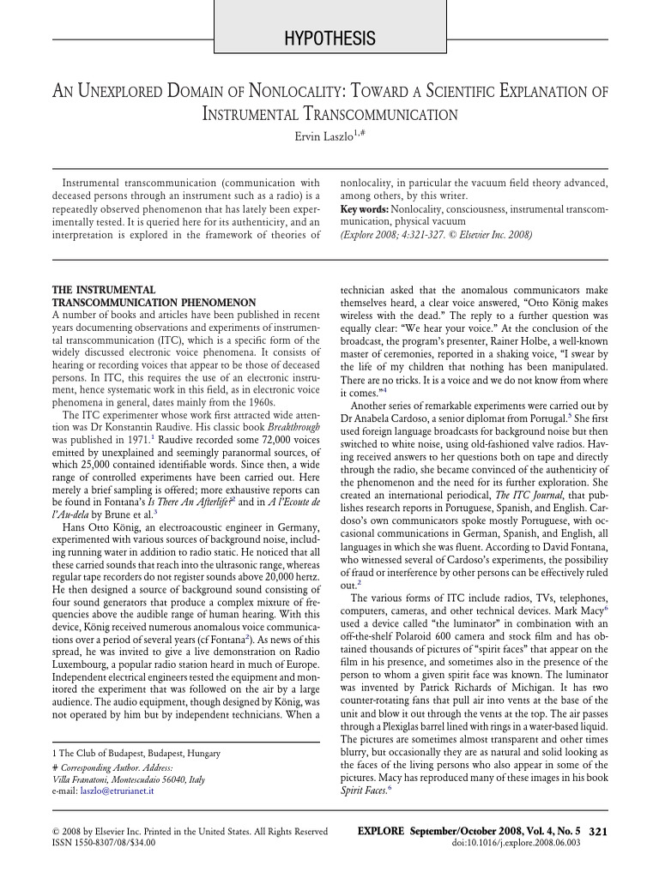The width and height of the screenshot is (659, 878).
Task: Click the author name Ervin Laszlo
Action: click(x=324, y=135)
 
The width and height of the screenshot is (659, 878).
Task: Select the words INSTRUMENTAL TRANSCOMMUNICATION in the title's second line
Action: click(x=329, y=114)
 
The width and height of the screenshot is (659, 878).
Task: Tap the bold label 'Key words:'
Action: click(x=364, y=209)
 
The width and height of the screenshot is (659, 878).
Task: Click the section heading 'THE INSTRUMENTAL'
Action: click(x=104, y=291)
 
